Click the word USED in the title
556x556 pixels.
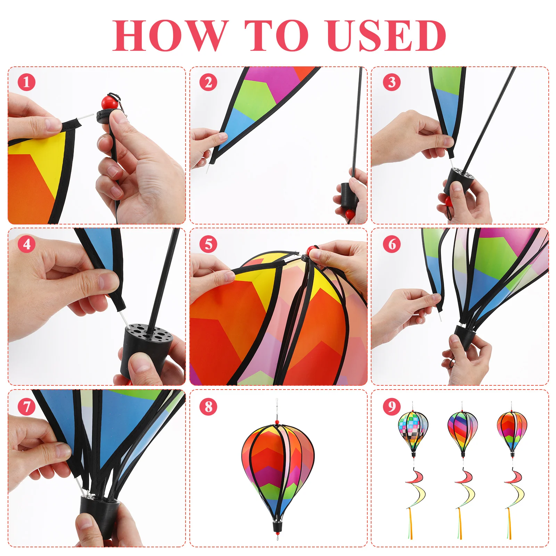386,35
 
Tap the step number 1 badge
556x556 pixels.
27,82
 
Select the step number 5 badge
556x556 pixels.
208,244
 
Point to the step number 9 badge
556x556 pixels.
392,406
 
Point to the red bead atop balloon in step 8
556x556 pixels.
277,422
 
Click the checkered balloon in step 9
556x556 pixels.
413,431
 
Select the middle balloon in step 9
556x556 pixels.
463,431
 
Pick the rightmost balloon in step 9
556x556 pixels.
512,431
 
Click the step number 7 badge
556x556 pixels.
27,406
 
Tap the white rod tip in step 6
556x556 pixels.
440,317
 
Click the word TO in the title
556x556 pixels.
276,35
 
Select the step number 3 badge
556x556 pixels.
392,82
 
